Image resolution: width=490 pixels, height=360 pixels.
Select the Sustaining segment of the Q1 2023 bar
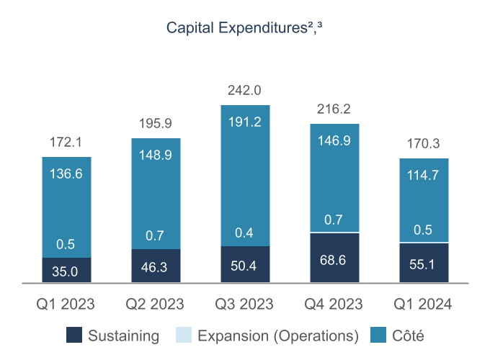click(66, 271)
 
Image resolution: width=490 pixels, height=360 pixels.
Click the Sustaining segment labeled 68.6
click(334, 258)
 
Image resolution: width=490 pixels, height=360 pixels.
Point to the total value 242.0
click(245, 91)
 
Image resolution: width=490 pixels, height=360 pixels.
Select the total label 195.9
click(156, 124)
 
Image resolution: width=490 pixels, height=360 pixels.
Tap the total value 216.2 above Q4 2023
click(334, 109)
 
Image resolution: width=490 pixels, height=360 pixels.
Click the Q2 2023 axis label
click(156, 305)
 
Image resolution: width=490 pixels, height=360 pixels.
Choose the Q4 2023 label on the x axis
click(334, 305)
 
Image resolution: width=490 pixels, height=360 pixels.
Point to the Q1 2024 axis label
click(424, 305)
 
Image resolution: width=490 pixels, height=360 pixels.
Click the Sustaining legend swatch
click(73, 336)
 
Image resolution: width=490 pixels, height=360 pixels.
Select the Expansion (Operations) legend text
click(278, 336)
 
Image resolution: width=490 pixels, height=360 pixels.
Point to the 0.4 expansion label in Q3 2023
click(245, 233)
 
